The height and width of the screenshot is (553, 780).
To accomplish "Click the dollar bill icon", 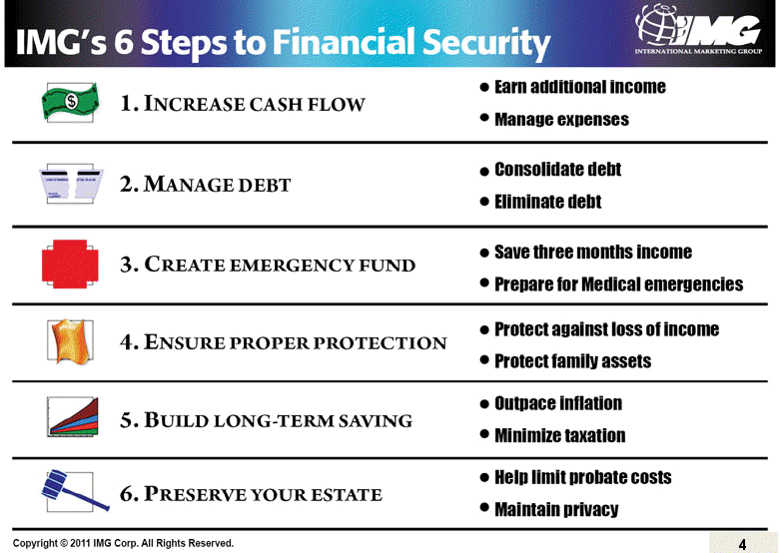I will (71, 101).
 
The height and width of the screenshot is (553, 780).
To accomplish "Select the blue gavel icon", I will (71, 489).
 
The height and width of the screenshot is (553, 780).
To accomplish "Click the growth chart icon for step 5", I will (73, 417).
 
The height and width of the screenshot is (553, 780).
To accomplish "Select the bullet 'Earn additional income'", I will (579, 87).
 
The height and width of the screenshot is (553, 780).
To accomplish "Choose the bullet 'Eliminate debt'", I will (547, 202).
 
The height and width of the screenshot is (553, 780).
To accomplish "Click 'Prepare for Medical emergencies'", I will (618, 284).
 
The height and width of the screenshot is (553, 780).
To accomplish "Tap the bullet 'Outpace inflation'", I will (557, 403).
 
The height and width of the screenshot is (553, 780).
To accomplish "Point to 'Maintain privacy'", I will (556, 510).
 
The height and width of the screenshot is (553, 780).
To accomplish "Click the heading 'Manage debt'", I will (206, 185).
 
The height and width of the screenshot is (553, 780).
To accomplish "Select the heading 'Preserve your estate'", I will (251, 493).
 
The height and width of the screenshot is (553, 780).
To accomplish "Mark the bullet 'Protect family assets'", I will (572, 361).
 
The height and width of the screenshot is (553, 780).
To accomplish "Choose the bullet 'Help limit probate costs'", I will (582, 477).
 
